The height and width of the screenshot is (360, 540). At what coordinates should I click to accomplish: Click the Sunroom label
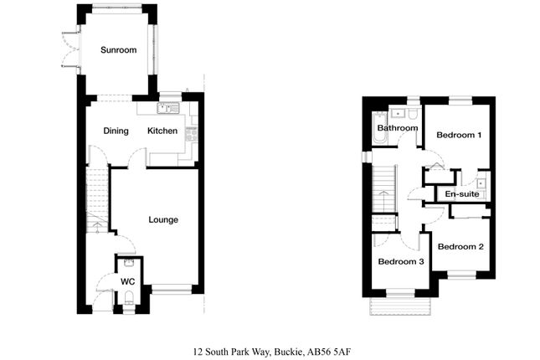click(119, 50)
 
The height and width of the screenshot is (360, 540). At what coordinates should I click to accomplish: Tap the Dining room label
click(116, 131)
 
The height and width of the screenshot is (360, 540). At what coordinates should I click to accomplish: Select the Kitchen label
click(162, 131)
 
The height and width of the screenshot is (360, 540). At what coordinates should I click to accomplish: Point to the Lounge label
click(163, 220)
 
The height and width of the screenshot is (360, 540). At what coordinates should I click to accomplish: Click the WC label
click(128, 281)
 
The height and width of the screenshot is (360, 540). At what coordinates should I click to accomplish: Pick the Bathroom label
click(398, 128)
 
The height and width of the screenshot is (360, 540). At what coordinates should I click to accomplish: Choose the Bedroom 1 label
click(459, 135)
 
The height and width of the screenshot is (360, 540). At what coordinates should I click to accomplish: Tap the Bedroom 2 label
click(460, 247)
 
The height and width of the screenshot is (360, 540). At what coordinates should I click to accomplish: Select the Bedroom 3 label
click(401, 261)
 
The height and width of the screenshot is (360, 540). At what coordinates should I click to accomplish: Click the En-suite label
click(462, 194)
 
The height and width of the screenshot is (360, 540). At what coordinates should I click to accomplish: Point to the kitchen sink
click(168, 108)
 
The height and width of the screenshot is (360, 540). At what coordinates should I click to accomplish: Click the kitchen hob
click(192, 134)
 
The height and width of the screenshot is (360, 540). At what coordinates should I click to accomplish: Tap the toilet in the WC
click(129, 298)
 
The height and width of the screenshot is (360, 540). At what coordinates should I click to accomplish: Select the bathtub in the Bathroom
click(380, 128)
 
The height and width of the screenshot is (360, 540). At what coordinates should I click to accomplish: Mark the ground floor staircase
click(97, 200)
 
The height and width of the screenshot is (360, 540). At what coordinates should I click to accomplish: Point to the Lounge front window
click(171, 290)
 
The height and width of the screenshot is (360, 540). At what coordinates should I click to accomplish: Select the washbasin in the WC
click(129, 263)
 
